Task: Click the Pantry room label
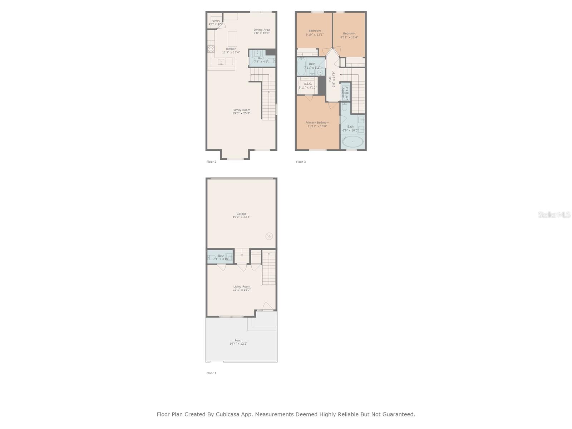(x=216, y=21)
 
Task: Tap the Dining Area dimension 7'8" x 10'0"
(x=262, y=33)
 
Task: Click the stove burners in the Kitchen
(x=211, y=49)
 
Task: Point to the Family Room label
(x=241, y=110)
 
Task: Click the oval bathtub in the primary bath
(x=353, y=142)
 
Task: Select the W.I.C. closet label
(x=308, y=84)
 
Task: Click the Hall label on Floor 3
(x=330, y=79)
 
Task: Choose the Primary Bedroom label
(x=317, y=123)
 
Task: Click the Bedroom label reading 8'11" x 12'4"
(x=349, y=34)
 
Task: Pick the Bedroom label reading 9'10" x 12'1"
(x=315, y=31)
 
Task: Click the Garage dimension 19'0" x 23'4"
(x=241, y=217)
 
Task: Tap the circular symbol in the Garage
(x=269, y=236)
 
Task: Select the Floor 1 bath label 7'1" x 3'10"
(x=221, y=259)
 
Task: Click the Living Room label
(x=242, y=287)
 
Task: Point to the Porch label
(x=238, y=341)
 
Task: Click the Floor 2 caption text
(x=211, y=162)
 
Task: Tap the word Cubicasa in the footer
(x=228, y=415)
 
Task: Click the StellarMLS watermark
(x=554, y=215)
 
